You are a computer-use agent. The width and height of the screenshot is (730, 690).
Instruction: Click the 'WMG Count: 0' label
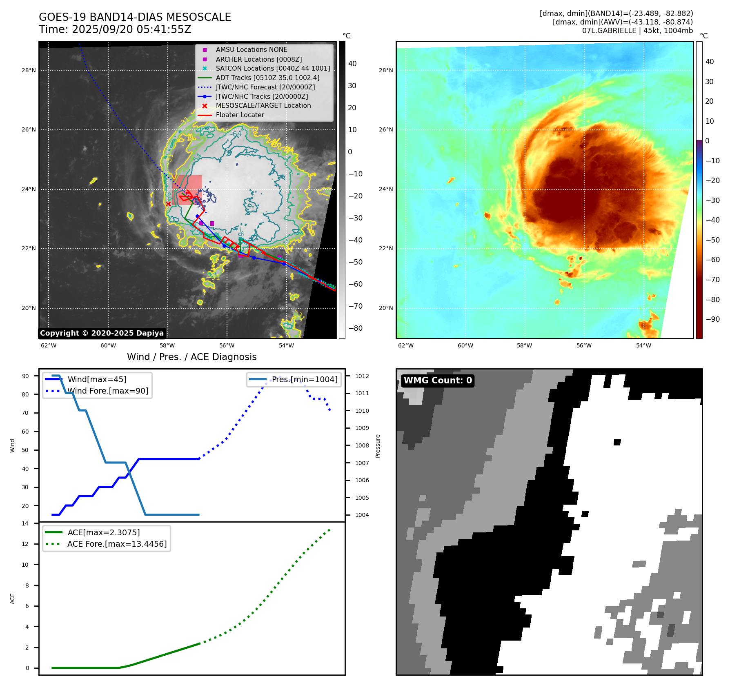[438, 381]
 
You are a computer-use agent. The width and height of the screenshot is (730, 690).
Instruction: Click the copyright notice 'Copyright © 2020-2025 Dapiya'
[102, 333]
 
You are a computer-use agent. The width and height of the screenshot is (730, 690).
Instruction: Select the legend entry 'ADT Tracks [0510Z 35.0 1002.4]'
[267, 78]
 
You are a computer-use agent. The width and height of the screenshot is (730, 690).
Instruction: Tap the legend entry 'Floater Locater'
[240, 115]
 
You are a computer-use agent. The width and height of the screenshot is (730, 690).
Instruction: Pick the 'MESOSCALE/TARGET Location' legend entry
[263, 105]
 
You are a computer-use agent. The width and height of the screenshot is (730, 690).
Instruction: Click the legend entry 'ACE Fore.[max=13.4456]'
[117, 544]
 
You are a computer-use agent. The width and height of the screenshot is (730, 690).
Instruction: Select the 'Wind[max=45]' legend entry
[97, 379]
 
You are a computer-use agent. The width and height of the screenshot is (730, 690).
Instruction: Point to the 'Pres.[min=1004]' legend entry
[305, 379]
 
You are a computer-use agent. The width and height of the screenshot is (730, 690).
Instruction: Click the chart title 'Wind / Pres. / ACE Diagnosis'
[192, 357]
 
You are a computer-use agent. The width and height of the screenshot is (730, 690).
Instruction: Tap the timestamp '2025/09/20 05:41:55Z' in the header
[131, 29]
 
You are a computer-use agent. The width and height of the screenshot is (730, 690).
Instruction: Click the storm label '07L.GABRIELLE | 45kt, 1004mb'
[637, 31]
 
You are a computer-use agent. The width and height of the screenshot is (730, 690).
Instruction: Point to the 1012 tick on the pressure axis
[362, 376]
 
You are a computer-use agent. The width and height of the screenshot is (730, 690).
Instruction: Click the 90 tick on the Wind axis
[25, 376]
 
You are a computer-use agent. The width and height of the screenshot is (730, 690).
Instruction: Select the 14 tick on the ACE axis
[25, 523]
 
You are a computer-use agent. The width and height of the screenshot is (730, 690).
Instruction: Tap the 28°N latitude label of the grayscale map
[29, 70]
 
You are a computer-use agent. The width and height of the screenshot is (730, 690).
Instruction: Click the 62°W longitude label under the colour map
[405, 345]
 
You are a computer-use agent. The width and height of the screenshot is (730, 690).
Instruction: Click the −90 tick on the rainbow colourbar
[712, 319]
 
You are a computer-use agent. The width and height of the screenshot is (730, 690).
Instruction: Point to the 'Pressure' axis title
[378, 446]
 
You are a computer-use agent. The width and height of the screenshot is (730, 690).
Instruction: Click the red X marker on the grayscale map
[168, 204]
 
